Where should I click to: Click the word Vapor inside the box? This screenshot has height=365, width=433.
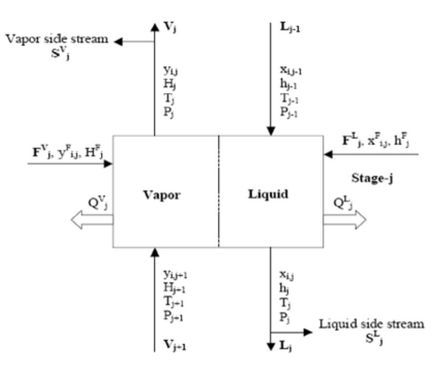(x=163, y=195)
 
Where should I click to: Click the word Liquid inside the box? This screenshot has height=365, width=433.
(x=269, y=195)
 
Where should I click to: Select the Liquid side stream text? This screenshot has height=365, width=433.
(x=371, y=325)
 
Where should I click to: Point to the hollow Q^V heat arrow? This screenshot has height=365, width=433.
(x=92, y=221)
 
